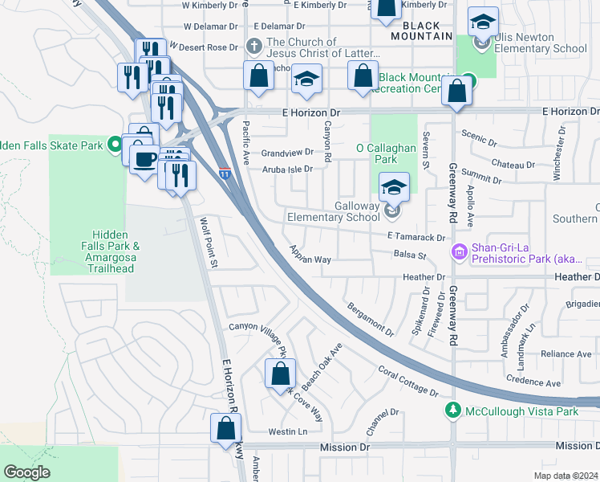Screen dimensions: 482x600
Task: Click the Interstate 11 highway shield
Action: (x=225, y=173)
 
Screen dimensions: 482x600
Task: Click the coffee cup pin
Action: (x=144, y=159)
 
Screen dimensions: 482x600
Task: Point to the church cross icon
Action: (x=254, y=46)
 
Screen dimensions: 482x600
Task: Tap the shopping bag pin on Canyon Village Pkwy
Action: (x=278, y=374)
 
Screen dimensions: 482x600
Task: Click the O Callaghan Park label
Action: (x=386, y=153)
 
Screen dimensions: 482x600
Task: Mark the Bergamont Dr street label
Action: (x=370, y=319)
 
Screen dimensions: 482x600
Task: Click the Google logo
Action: (x=26, y=472)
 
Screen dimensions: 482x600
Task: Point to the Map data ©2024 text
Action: (x=566, y=476)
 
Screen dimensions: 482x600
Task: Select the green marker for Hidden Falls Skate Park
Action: (x=116, y=145)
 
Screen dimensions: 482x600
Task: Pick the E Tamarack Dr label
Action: (x=416, y=237)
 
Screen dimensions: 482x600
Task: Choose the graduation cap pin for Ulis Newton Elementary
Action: (x=483, y=22)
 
